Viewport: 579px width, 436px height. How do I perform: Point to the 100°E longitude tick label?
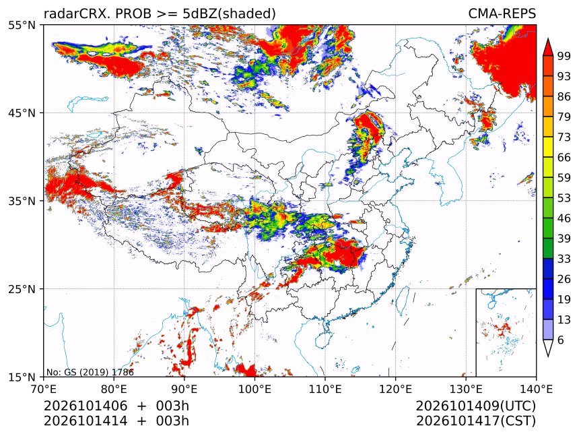coord(254,389)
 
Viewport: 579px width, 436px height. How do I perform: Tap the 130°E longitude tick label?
coord(466,389)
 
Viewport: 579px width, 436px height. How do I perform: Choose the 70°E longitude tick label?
coord(44,389)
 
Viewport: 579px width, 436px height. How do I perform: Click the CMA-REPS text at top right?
coord(502,13)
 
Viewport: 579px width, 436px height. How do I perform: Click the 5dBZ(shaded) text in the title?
coord(229,14)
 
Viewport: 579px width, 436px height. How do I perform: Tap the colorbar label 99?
coord(564,56)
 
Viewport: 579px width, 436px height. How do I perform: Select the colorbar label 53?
coord(564,198)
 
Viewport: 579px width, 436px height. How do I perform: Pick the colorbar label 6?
coord(561,340)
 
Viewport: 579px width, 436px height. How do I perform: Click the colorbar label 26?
coord(564,279)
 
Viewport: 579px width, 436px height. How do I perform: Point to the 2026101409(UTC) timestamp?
coord(475,406)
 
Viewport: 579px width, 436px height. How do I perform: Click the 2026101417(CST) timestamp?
coord(475,421)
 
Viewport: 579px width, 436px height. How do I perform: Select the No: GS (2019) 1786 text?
coord(90,372)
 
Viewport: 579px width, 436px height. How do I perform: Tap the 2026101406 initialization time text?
coord(86,406)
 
